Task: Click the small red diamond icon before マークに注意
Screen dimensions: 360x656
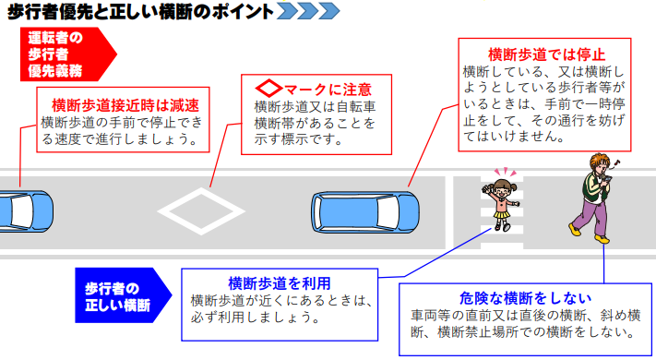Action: pyautogui.click(x=267, y=90)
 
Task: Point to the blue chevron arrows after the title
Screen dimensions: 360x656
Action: pyautogui.click(x=308, y=12)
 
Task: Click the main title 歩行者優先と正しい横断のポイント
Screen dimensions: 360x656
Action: pyautogui.click(x=138, y=12)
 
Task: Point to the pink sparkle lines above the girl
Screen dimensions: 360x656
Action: pyautogui.click(x=504, y=172)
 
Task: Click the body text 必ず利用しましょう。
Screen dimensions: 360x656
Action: pyautogui.click(x=254, y=317)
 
